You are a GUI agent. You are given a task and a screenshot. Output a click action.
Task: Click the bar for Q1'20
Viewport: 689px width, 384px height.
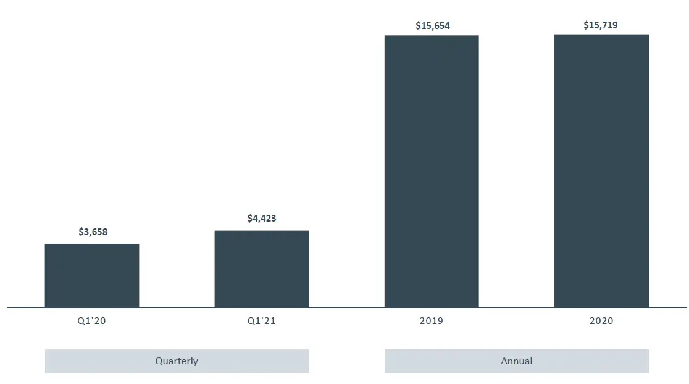point(92,275)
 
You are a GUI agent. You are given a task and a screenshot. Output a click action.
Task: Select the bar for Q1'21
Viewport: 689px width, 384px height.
point(262,269)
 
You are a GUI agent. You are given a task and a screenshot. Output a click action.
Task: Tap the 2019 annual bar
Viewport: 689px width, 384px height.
point(432,171)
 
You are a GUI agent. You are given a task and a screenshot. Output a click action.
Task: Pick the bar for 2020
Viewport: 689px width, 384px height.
point(601,170)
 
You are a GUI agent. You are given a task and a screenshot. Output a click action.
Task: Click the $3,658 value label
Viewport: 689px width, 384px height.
point(93,232)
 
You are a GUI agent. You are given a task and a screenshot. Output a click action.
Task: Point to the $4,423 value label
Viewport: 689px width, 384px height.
point(262,219)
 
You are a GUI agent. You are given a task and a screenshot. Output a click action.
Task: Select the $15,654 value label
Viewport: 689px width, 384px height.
point(433,26)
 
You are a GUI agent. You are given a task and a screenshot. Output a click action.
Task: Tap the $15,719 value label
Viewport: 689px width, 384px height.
point(601,25)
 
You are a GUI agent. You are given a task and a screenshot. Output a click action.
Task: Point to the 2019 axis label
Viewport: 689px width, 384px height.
point(432,321)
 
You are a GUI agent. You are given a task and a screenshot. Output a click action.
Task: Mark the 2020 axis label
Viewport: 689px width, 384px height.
point(601,321)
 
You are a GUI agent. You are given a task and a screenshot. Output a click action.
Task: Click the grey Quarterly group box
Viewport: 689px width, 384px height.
point(177,361)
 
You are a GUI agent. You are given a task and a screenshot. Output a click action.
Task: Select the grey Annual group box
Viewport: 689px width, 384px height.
point(516,361)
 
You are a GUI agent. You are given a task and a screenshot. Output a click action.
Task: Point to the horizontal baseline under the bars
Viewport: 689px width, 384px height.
point(346,307)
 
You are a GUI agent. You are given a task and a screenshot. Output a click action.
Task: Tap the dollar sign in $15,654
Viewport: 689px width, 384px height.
point(418,26)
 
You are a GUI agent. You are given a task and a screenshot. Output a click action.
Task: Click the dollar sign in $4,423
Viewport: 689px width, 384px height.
point(249,219)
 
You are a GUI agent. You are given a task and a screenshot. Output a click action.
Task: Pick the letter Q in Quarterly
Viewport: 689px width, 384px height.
point(159,361)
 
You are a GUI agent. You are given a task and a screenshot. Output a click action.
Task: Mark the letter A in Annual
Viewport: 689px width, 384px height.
point(504,361)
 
